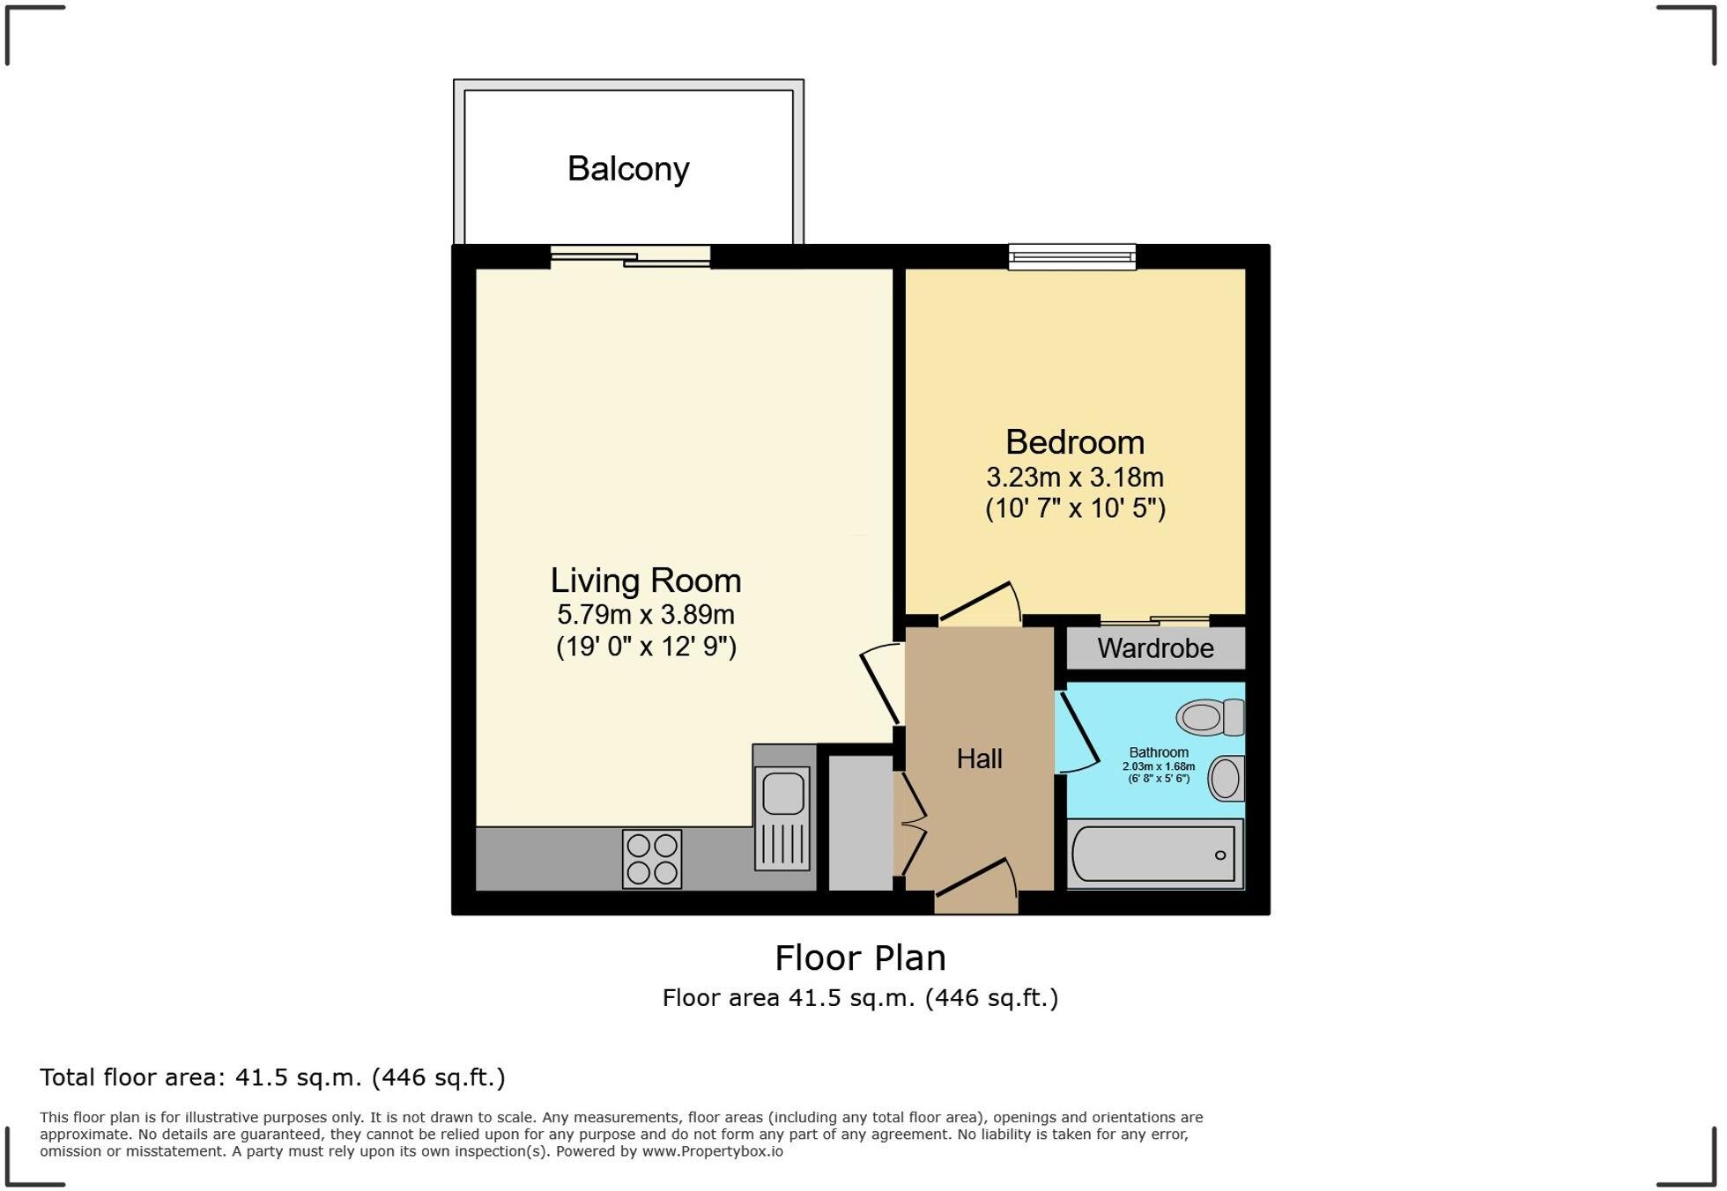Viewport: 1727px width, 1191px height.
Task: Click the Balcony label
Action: pos(628,168)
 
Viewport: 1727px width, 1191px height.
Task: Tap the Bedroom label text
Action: pos(1075,441)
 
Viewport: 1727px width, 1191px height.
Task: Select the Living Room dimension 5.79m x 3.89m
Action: pos(646,614)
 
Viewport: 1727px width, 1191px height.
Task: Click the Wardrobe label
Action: pos(1155,648)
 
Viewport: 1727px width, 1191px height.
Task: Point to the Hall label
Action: pos(979,758)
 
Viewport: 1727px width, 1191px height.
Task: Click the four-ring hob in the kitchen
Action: pos(652,859)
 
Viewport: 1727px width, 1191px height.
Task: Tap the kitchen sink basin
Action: pos(783,793)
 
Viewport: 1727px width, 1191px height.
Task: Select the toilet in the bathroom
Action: pos(1210,717)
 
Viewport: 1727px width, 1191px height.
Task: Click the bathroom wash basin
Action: pos(1226,779)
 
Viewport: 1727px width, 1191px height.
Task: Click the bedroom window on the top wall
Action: pos(1071,256)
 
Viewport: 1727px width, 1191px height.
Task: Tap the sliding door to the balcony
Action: pos(631,256)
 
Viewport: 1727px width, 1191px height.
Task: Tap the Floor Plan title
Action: pos(860,958)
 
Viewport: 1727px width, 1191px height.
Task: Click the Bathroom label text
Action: pos(1159,752)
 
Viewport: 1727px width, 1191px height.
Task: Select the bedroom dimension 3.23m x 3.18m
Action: pos(1075,477)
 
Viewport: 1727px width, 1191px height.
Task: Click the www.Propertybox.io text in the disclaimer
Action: pos(712,1151)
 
